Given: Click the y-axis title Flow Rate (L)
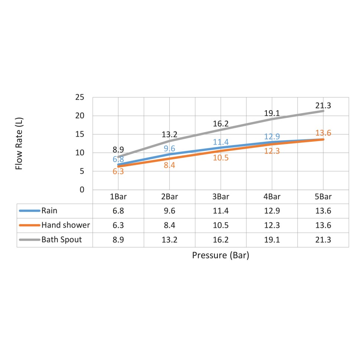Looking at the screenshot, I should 19,143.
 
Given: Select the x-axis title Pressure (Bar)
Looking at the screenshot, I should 220,256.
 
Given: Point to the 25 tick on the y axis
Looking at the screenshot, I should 80,97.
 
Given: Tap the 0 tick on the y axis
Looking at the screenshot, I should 82,190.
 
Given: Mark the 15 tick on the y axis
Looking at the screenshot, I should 80,134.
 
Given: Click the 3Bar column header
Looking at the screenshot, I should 220,197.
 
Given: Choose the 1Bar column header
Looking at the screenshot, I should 118,197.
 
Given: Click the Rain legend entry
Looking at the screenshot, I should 49,211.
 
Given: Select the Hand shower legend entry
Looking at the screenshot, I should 65,225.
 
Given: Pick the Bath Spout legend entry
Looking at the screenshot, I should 61,240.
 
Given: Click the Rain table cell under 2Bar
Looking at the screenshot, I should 169,211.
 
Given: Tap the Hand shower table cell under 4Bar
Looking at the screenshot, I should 272,225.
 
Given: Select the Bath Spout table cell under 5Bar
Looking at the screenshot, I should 323,240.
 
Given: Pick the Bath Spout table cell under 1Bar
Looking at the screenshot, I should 118,240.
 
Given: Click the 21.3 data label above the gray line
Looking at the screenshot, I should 323,105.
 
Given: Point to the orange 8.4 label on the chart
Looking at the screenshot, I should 169,165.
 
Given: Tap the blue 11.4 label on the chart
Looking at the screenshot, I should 220,142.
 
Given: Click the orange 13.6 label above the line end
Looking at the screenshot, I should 323,133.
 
